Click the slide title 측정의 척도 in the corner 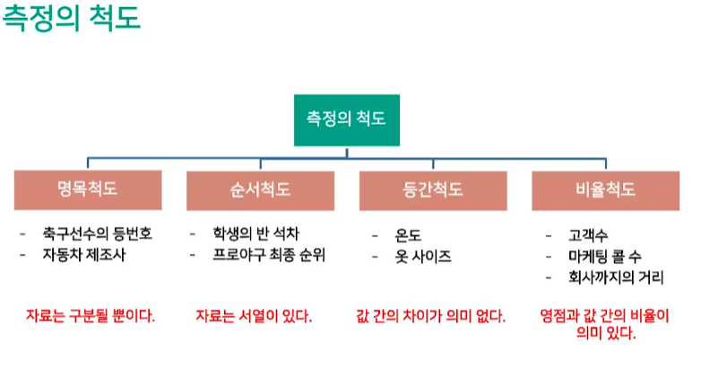tap(73, 19)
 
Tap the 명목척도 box tap(87, 189)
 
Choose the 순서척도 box tap(260, 190)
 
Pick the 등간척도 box tap(433, 190)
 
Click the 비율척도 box tap(605, 190)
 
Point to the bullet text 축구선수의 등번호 tap(97, 233)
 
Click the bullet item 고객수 tap(586, 236)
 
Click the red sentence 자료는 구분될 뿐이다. tap(89, 316)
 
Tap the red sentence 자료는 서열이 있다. tap(254, 316)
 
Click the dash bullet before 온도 tap(376, 236)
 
